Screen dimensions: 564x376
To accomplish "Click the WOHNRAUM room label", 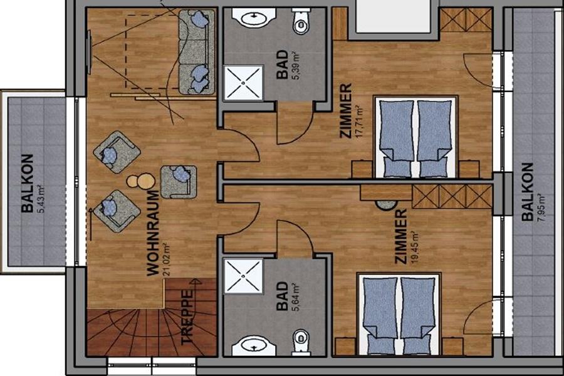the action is pyautogui.click(x=153, y=232).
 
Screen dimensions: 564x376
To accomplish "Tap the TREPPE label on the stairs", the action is pyautogui.click(x=187, y=317).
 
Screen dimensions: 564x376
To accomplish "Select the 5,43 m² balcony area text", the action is pyautogui.click(x=41, y=199).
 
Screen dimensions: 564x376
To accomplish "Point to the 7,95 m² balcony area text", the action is pyautogui.click(x=541, y=208).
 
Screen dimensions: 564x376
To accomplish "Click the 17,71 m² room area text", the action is pyautogui.click(x=358, y=122).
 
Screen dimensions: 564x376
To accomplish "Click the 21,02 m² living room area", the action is pyautogui.click(x=167, y=259).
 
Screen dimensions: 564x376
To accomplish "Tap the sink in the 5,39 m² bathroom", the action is pyautogui.click(x=254, y=18).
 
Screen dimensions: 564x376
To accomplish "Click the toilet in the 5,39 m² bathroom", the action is pyautogui.click(x=301, y=22).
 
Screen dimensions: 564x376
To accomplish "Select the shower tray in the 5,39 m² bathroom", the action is pyautogui.click(x=244, y=83).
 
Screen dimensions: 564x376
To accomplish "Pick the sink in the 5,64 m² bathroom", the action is pyautogui.click(x=254, y=345).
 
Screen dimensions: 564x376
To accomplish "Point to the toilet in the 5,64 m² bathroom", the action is pyautogui.click(x=301, y=341).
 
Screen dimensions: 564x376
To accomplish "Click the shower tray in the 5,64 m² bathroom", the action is pyautogui.click(x=244, y=277).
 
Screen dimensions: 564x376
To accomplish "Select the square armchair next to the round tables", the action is pyautogui.click(x=179, y=182).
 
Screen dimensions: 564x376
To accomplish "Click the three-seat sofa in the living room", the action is pyautogui.click(x=197, y=52).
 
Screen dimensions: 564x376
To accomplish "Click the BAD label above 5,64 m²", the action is pyautogui.click(x=283, y=296).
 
